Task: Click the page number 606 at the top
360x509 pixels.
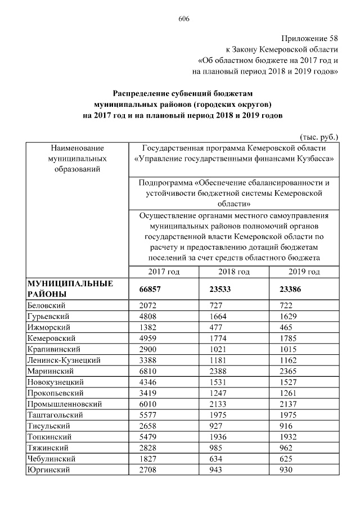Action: pos(184,19)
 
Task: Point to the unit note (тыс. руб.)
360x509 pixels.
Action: pos(320,137)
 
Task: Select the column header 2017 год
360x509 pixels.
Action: pos(164,272)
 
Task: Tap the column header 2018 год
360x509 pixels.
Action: pos(234,272)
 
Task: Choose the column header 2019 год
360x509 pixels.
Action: pos(304,272)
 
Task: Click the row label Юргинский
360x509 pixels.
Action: pos(48,470)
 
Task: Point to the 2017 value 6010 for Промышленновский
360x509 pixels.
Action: pos(148,404)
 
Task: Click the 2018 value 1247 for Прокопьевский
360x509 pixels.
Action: pos(217,393)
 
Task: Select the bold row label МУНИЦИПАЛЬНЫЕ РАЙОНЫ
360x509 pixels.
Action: pos(70,289)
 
